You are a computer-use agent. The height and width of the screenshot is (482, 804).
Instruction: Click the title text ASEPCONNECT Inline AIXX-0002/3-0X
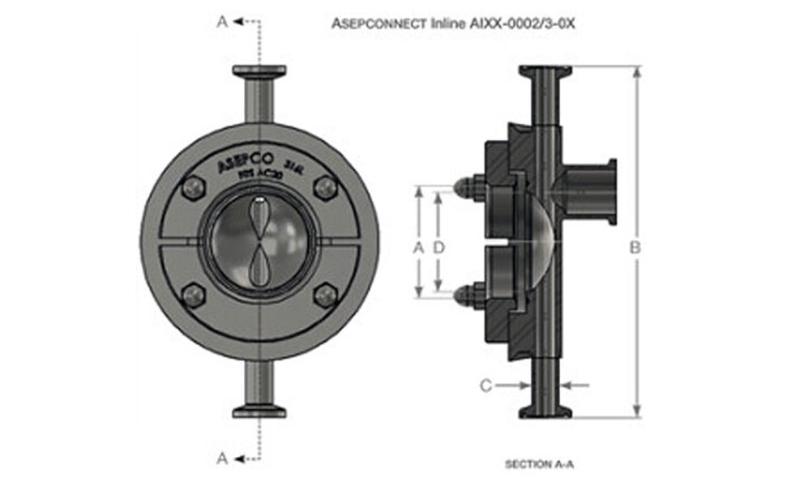[453, 23]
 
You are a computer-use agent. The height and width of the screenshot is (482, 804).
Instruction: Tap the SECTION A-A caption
[539, 464]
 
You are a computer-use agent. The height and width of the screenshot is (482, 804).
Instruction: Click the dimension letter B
[636, 248]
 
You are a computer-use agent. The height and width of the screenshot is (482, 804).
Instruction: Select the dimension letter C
[485, 386]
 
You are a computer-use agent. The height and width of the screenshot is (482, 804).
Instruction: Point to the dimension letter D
[438, 248]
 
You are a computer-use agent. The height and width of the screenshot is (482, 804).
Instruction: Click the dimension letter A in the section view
[418, 248]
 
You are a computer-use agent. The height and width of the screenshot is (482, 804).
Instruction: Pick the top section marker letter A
[222, 22]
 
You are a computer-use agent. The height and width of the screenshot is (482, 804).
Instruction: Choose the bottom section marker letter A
[222, 459]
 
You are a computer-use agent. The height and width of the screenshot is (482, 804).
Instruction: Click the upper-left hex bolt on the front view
[193, 188]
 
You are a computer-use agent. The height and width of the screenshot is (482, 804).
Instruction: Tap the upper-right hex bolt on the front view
[324, 188]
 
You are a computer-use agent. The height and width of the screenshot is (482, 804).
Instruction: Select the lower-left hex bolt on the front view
[193, 296]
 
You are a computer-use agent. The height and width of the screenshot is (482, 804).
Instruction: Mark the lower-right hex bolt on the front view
[324, 296]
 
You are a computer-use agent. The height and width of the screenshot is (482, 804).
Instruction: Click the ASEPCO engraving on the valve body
[245, 162]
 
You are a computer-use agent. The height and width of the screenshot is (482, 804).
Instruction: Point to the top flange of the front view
[259, 72]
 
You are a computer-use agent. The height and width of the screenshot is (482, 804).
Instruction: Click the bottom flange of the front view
[259, 411]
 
